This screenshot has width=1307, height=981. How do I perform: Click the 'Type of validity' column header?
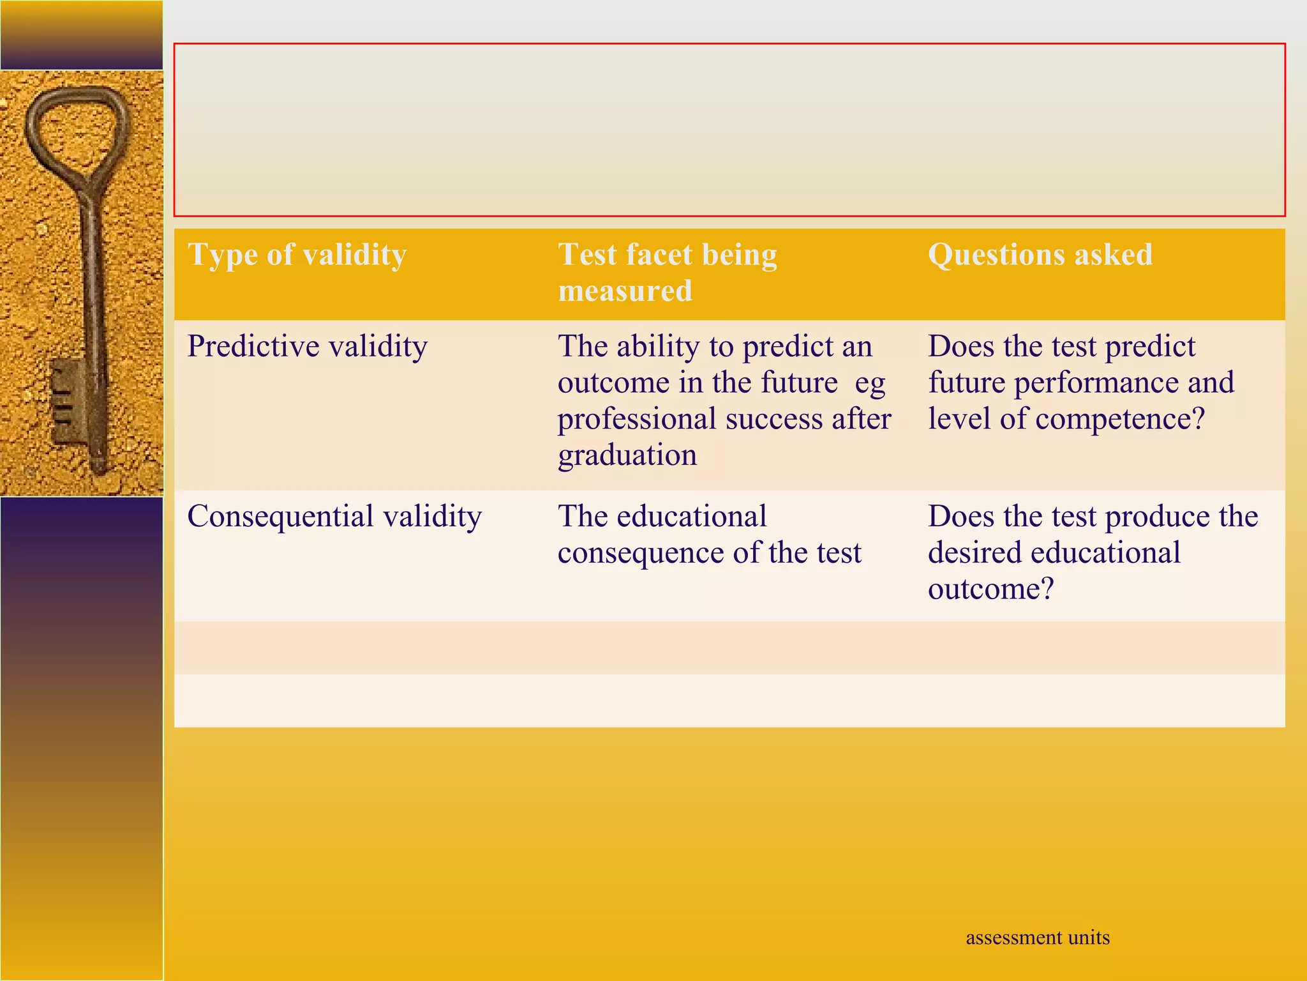(297, 255)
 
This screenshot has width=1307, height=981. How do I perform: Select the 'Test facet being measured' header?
(668, 272)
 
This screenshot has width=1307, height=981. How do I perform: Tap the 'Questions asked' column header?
(1040, 255)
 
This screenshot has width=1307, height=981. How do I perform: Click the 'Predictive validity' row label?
(307, 347)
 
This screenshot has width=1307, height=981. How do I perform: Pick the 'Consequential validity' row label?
(334, 517)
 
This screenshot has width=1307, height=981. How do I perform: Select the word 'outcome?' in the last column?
(990, 589)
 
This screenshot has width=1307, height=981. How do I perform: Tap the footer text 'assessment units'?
(1038, 937)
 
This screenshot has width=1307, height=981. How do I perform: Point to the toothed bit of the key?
(64, 402)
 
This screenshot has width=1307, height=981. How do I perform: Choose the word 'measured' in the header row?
(625, 291)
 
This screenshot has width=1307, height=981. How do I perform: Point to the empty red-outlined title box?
(729, 130)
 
